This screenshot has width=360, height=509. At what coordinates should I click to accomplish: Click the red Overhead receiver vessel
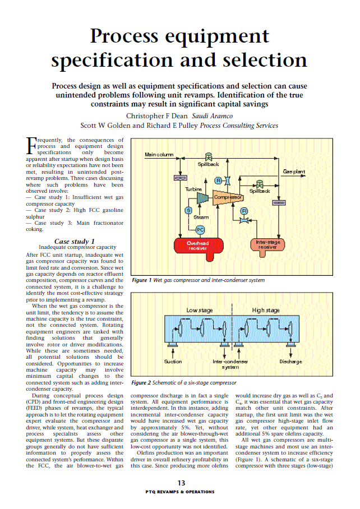click(x=197, y=245)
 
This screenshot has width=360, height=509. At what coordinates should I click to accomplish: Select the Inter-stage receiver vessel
click(x=267, y=244)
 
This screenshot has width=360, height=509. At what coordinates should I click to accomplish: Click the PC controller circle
click(x=200, y=228)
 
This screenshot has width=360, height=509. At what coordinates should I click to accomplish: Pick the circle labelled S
click(x=188, y=210)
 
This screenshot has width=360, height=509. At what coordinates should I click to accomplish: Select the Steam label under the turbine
click(x=201, y=217)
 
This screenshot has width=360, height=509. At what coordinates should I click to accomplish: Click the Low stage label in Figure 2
click(x=199, y=310)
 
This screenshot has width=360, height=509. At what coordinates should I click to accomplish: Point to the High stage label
click(x=266, y=310)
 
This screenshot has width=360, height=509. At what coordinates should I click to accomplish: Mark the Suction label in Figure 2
click(x=172, y=362)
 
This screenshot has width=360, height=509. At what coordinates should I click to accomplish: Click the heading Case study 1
click(x=77, y=241)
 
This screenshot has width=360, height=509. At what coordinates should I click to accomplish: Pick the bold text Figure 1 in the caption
click(x=141, y=280)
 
